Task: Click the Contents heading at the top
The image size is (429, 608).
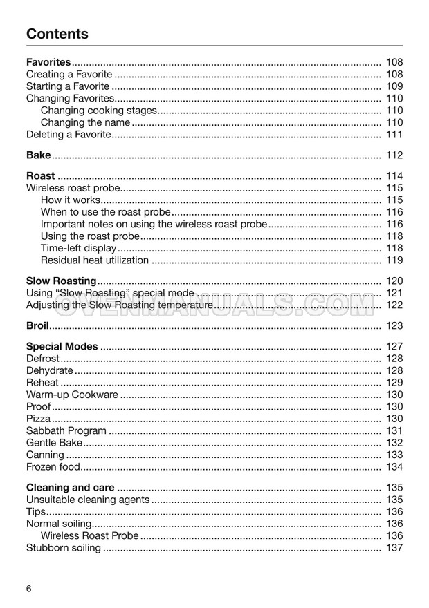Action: [57, 34]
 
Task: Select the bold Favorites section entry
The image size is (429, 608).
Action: [48, 62]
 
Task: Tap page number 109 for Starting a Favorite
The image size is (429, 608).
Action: [394, 86]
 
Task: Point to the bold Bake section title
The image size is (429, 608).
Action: [38, 155]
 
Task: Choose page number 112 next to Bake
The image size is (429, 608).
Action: [394, 155]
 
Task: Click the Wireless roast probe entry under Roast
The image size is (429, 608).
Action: [73, 188]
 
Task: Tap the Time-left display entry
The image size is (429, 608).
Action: [78, 248]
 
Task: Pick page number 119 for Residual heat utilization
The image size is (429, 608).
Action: [394, 260]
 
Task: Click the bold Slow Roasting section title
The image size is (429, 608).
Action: [61, 281]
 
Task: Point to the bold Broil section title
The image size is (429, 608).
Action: [38, 325]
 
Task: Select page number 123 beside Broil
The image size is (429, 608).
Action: [394, 325]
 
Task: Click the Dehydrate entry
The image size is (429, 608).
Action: [48, 370]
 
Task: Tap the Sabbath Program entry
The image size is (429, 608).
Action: [66, 430]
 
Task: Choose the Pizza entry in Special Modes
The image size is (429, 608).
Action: [38, 419]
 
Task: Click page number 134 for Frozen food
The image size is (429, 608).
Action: [394, 467]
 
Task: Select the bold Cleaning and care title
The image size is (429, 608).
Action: [70, 488]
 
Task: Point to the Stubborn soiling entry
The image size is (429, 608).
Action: [63, 548]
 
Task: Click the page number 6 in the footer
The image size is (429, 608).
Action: [29, 589]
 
